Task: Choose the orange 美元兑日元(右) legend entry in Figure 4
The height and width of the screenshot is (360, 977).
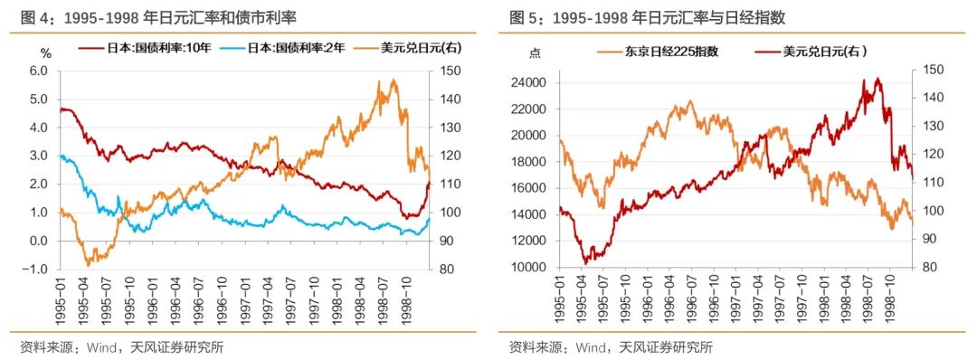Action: [410, 48]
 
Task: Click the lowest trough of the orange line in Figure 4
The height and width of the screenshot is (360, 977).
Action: [88, 264]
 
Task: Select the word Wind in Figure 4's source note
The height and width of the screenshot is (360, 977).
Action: [100, 346]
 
